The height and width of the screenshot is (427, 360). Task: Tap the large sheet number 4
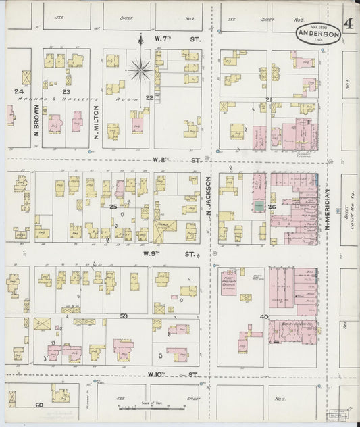[348, 25]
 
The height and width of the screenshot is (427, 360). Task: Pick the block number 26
[272, 207]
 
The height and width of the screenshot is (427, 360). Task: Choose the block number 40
[264, 316]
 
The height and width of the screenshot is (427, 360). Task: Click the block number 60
[39, 404]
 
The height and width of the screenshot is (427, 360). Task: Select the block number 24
[20, 91]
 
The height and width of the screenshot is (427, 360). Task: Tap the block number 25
[113, 207]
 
